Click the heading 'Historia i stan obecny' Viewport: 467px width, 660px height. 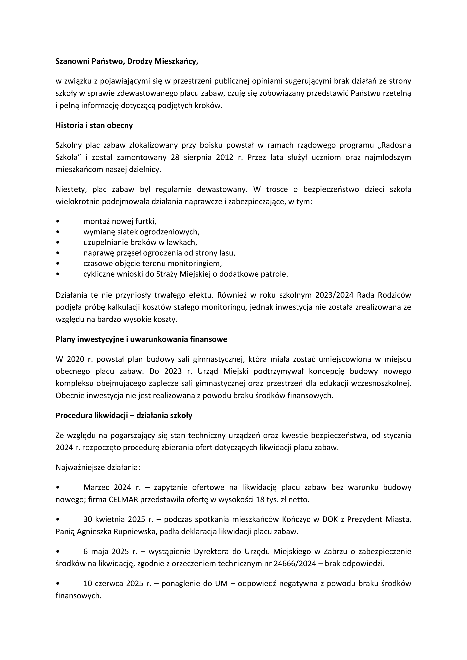coord(94,126)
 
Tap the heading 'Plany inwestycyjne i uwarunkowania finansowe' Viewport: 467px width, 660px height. coord(141,339)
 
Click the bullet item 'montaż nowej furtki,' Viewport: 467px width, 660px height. coord(120,221)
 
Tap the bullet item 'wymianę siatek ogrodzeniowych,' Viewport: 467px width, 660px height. coord(142,232)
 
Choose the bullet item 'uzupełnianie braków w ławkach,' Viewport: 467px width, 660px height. coord(140,242)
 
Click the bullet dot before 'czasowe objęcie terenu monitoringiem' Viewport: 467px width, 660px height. coord(58,264)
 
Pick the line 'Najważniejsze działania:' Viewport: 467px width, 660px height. coord(98,467)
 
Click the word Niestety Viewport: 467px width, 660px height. coord(69,189)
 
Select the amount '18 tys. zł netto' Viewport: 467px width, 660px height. coord(282,500)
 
